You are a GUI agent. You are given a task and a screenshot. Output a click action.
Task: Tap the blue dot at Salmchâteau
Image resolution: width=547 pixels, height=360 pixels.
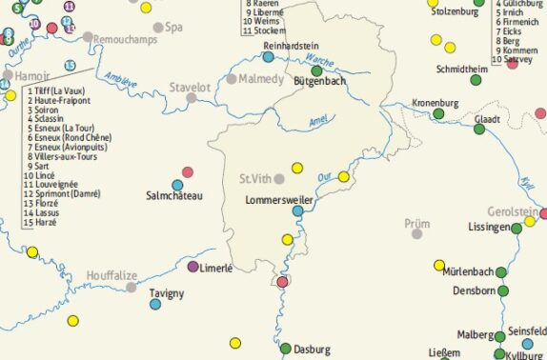(177, 185)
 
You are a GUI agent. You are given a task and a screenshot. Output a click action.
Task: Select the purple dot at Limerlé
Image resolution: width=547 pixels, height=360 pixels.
(193, 267)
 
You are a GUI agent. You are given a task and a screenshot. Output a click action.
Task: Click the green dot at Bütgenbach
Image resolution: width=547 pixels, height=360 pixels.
(316, 70)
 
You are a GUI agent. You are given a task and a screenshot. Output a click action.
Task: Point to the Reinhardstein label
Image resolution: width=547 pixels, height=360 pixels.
(291, 45)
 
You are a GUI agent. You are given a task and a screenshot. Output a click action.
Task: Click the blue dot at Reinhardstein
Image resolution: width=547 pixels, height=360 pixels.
(269, 56)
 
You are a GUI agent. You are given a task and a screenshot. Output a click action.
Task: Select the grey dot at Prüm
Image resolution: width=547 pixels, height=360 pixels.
(416, 233)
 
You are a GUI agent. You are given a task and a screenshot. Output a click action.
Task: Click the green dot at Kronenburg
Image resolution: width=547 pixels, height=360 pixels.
(439, 114)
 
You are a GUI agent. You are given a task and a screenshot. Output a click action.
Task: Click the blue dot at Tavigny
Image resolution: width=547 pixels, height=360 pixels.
(155, 305)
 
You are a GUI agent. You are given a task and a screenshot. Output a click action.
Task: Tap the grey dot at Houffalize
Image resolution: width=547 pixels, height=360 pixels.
(132, 287)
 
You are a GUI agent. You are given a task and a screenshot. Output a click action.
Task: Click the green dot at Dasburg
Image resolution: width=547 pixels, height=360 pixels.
(284, 348)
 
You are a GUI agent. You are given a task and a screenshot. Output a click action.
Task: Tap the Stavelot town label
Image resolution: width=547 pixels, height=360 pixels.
(190, 88)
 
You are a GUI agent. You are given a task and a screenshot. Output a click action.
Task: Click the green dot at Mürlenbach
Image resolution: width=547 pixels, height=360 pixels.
(502, 270)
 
